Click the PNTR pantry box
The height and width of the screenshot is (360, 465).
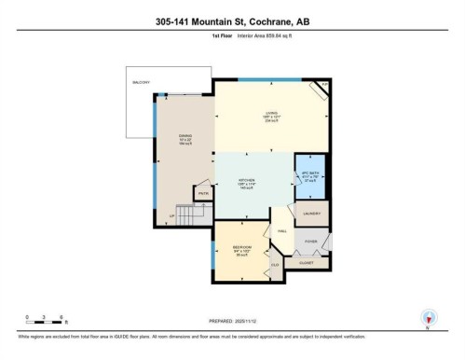[202, 194]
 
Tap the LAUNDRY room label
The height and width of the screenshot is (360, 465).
[313, 214]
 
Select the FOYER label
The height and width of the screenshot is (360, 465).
[310, 241]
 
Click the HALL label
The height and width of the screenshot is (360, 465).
[282, 231]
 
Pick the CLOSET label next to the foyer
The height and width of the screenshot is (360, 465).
[307, 263]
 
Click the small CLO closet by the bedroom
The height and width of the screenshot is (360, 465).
[275, 264]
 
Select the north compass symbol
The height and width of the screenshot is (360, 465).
[428, 318]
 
